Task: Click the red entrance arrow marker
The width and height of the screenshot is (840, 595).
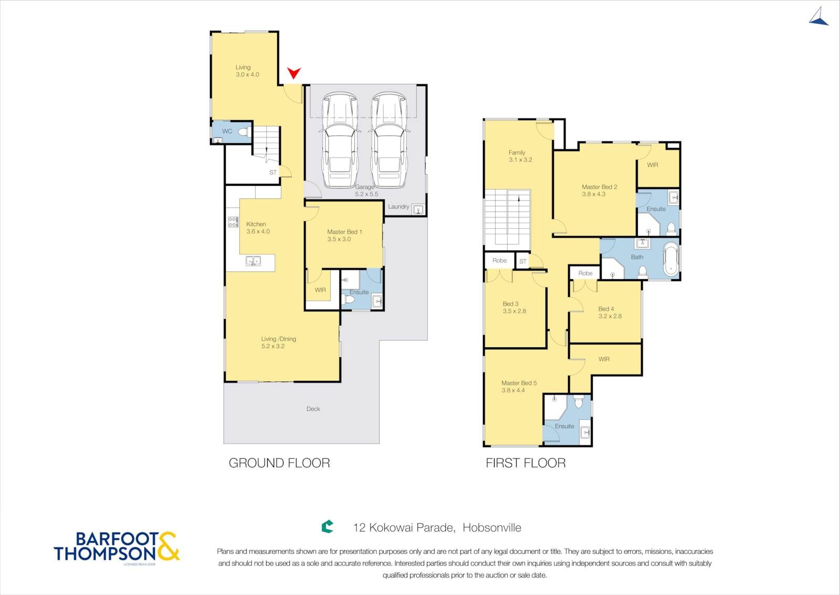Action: coord(294,73)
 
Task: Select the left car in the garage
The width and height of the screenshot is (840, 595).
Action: coord(340,140)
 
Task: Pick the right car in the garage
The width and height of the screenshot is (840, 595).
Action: coord(389,140)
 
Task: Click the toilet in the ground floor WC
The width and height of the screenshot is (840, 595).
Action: coord(243,132)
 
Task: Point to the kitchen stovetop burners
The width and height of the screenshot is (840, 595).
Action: coord(233,222)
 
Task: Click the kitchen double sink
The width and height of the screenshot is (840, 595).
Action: coord(253,260)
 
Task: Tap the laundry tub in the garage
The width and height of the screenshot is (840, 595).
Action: coord(418,209)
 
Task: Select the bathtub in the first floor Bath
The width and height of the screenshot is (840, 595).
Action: coord(671,259)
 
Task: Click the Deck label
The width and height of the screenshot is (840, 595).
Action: coord(313,409)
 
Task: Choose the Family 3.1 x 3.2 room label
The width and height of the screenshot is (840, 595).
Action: coord(520,156)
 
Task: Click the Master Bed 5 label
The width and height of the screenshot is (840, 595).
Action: coord(519,383)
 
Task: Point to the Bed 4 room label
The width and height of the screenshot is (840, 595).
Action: coord(606,309)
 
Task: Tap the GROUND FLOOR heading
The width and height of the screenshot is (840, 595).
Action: coord(279,463)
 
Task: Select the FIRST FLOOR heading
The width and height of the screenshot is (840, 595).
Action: coord(526,463)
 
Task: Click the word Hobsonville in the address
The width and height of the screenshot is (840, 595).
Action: coord(492,527)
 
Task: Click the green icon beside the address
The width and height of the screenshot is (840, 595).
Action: coord(328,526)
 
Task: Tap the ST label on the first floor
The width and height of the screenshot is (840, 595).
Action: coord(523,261)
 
